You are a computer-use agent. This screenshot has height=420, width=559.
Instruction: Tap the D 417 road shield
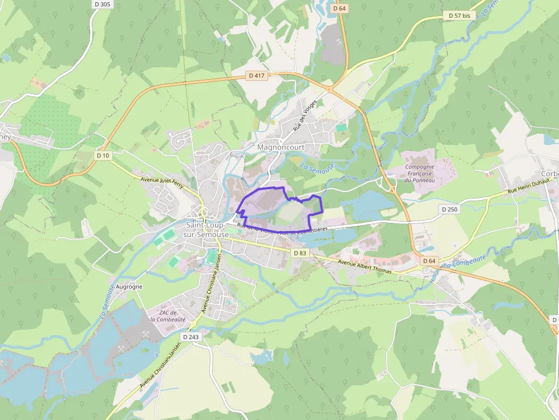click(x=257, y=75)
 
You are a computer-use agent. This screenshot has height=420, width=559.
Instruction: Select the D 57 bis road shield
click(x=459, y=16)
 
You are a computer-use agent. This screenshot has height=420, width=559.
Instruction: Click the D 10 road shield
click(x=103, y=155)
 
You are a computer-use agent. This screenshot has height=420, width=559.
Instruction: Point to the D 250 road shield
click(x=449, y=210)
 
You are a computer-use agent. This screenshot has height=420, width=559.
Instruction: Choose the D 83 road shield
click(x=299, y=252)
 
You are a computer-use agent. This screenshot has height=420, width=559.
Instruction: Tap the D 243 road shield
click(x=192, y=337)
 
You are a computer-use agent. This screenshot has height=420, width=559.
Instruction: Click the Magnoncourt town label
click(x=281, y=147)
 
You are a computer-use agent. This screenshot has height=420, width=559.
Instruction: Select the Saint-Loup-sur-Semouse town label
click(x=206, y=230)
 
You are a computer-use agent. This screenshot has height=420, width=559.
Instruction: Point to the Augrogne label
click(x=129, y=287)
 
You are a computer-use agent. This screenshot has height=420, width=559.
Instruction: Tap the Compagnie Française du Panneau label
click(x=419, y=173)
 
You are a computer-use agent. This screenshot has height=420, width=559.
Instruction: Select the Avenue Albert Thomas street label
click(x=365, y=267)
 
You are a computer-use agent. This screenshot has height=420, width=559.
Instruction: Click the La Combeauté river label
click(x=464, y=262)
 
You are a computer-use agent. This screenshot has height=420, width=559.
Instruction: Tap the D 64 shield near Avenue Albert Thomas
click(x=429, y=260)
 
